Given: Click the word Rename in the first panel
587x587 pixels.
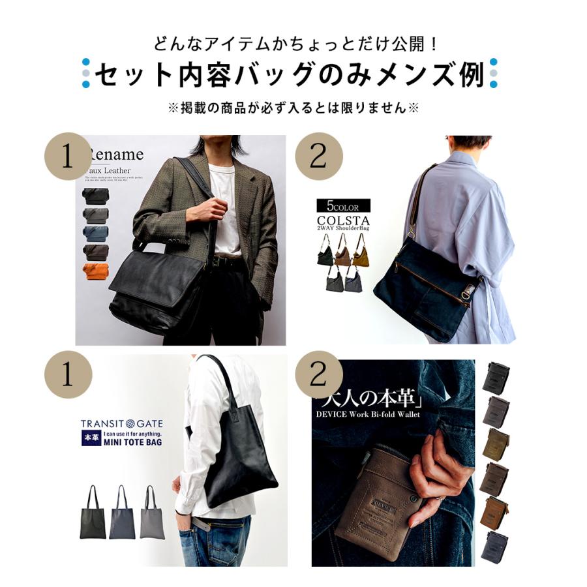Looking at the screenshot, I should [116, 155].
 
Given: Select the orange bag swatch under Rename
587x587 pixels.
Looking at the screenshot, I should [96, 271].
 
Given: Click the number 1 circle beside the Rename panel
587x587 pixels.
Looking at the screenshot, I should [67, 157].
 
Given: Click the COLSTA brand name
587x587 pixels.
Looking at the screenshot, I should [343, 220].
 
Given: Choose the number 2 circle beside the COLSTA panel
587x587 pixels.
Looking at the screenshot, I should [318, 157].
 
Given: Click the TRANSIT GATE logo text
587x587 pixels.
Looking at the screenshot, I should [121, 423].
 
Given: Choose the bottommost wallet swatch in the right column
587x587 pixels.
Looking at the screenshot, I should [496, 545].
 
